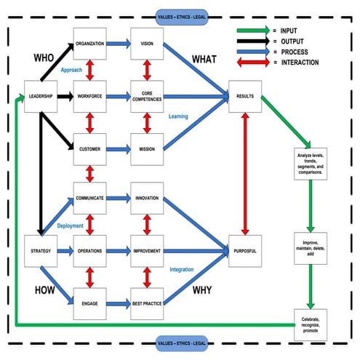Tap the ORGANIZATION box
click(90, 43)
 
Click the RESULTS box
click(244, 95)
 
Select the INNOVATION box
click(147, 197)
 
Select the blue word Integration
click(182, 270)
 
